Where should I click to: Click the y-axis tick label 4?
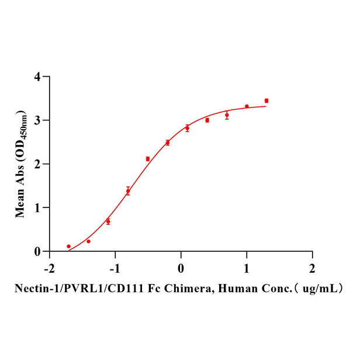[38, 77]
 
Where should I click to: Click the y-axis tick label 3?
[38, 120]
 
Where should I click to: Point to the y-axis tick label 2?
[38, 164]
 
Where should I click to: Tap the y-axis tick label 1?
[38, 208]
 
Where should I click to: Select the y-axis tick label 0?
[38, 252]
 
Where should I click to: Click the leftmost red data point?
[68, 247]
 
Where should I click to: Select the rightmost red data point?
[266, 101]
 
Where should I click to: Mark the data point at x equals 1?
[247, 106]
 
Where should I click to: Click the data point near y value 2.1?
[148, 159]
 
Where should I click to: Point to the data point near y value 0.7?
[108, 221]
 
